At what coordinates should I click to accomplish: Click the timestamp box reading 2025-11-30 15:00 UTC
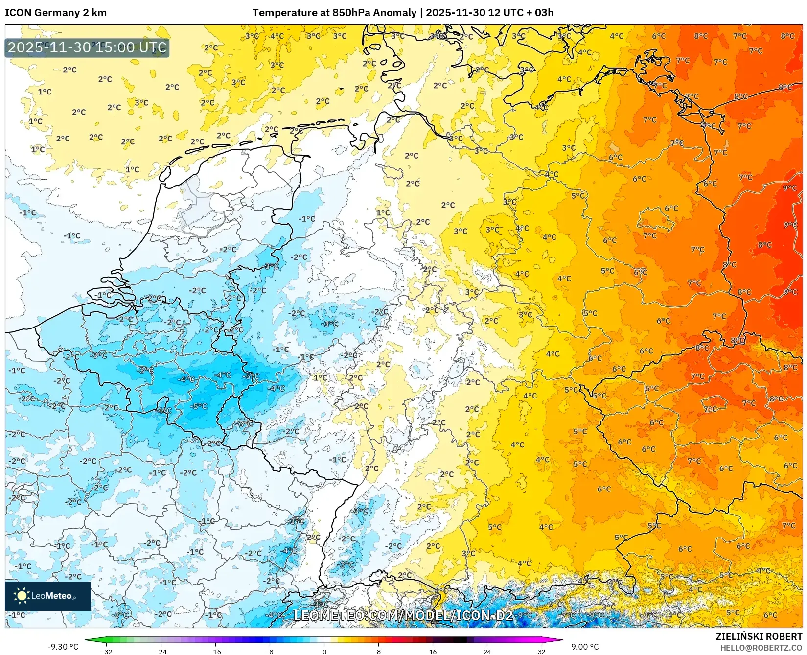(x=87, y=47)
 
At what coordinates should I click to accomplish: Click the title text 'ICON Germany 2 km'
(x=56, y=13)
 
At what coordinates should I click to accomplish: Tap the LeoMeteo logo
(x=47, y=596)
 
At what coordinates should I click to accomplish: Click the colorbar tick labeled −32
(x=107, y=651)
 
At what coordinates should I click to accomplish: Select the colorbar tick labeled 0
(x=324, y=651)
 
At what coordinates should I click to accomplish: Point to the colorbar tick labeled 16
(x=433, y=651)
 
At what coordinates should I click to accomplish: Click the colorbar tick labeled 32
(x=541, y=651)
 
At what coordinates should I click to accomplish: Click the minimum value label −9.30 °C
(x=63, y=647)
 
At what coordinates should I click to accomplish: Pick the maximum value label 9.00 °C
(x=585, y=647)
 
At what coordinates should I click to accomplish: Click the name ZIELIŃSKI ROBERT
(x=759, y=636)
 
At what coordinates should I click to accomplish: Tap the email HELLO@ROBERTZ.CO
(x=761, y=648)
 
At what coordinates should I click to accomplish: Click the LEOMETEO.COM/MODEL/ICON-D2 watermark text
(x=403, y=615)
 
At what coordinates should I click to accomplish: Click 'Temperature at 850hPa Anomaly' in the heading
(x=334, y=13)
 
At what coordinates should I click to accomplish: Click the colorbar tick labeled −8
(x=270, y=651)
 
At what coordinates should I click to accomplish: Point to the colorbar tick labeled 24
(x=487, y=651)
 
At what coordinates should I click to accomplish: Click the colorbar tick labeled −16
(x=215, y=651)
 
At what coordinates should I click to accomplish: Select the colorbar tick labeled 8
(x=378, y=651)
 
